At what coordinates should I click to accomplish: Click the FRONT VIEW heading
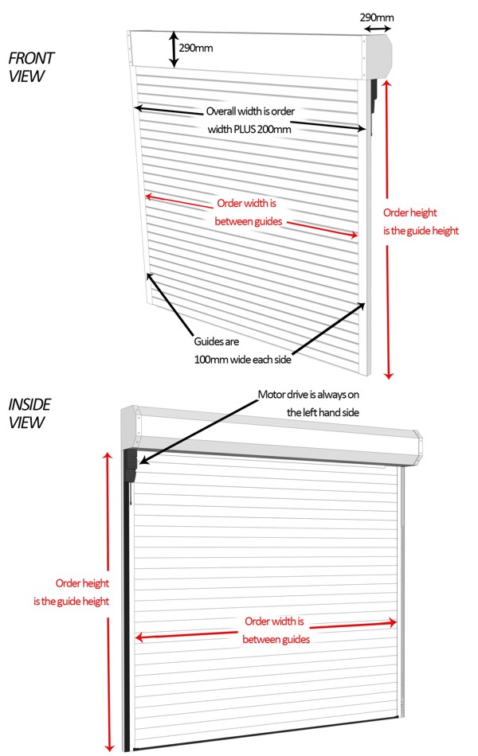(31, 67)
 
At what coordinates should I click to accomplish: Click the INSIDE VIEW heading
(29, 413)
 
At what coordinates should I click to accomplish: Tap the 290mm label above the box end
(377, 18)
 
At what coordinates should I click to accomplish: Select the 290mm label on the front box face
(195, 49)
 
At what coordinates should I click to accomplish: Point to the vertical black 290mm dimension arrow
(174, 49)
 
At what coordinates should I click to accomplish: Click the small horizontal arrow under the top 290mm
(378, 29)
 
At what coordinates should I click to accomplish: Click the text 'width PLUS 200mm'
(249, 129)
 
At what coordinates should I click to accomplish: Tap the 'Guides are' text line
(217, 341)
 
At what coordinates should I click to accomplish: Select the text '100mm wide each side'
(242, 360)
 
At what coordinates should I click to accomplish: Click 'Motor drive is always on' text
(308, 395)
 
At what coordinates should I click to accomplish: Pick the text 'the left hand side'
(323, 413)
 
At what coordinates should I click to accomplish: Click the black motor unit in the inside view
(131, 466)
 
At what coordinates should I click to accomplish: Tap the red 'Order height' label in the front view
(409, 212)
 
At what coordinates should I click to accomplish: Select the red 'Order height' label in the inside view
(82, 583)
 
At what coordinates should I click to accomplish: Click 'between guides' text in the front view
(249, 221)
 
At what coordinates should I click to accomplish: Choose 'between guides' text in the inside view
(276, 640)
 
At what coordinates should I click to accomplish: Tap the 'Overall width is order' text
(250, 111)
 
